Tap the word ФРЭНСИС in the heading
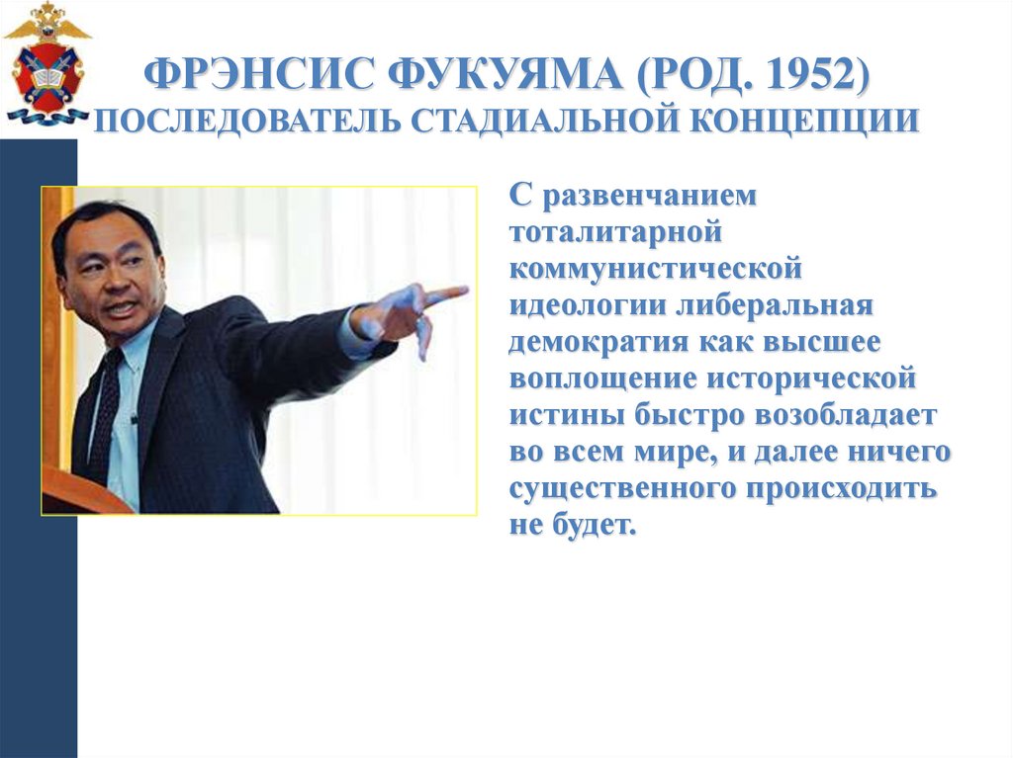(256, 76)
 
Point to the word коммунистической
(654, 268)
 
